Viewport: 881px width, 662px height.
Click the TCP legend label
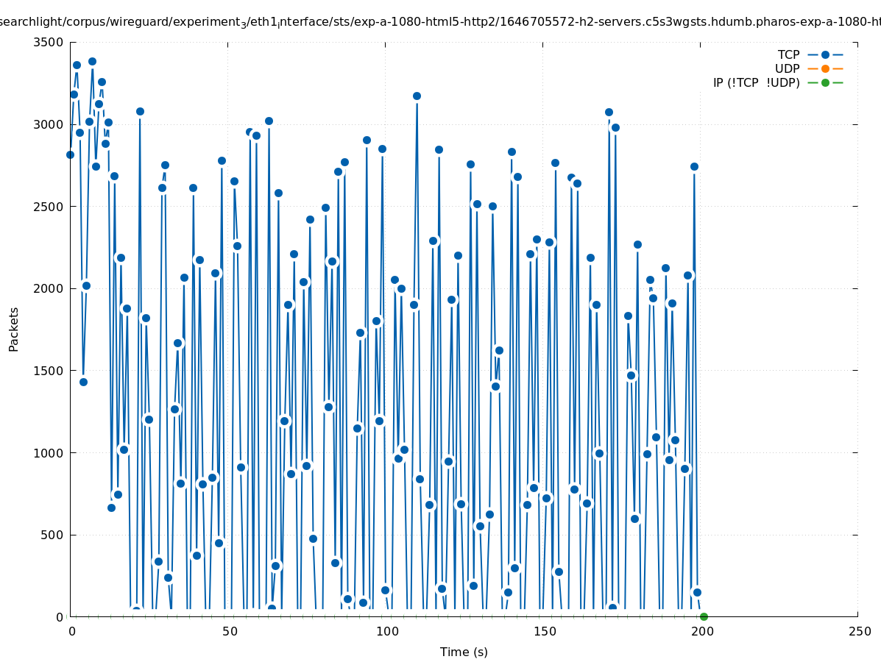click(788, 54)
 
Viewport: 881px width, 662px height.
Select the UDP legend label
click(787, 68)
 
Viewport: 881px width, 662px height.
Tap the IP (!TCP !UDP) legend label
click(756, 82)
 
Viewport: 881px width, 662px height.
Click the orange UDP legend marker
click(825, 68)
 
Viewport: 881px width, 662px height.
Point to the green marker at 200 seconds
click(704, 616)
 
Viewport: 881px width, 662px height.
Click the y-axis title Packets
click(14, 329)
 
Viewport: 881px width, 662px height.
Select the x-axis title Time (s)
click(464, 652)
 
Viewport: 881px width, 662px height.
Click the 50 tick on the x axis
click(229, 631)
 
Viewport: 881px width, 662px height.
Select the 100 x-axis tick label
click(386, 631)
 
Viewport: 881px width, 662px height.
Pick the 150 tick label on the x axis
click(544, 631)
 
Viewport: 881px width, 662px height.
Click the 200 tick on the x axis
click(701, 631)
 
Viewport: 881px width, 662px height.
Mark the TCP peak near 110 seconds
click(417, 96)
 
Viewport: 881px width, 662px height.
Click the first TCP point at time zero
click(70, 154)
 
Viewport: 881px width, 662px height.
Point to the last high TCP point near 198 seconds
click(694, 166)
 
